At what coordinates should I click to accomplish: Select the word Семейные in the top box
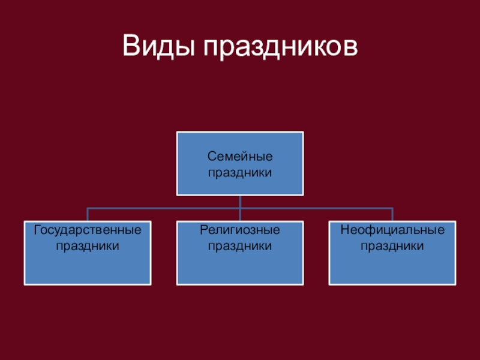tap(240, 157)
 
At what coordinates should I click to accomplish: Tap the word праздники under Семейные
tap(240, 173)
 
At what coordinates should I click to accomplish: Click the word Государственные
tap(88, 230)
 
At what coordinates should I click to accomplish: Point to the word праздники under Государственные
tap(88, 245)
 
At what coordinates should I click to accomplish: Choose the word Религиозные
tap(240, 230)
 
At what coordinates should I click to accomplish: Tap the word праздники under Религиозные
tap(240, 245)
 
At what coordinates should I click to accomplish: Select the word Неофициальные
tap(392, 230)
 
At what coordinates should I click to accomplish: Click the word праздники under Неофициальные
tap(392, 245)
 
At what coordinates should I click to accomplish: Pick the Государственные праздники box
tap(88, 267)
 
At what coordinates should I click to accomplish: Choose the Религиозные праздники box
tap(240, 267)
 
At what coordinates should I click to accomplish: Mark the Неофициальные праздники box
tap(392, 267)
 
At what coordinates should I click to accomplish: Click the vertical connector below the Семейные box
tap(240, 202)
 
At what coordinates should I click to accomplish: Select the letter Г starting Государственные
tap(37, 230)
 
